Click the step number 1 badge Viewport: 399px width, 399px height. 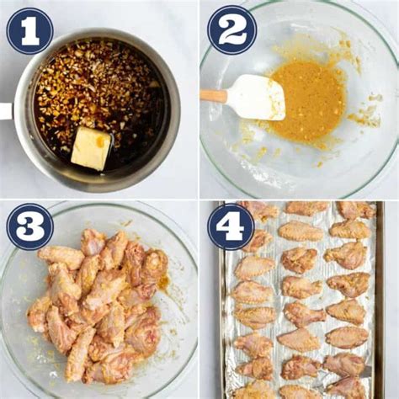click(x=30, y=31)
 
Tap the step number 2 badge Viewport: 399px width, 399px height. click(x=231, y=30)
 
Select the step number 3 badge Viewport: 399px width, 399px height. click(x=30, y=226)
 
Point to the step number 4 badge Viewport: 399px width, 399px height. click(x=231, y=227)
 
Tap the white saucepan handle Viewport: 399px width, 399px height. click(x=6, y=111)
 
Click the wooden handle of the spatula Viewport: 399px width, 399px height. click(x=213, y=96)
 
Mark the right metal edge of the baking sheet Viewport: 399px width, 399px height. click(x=380, y=301)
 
